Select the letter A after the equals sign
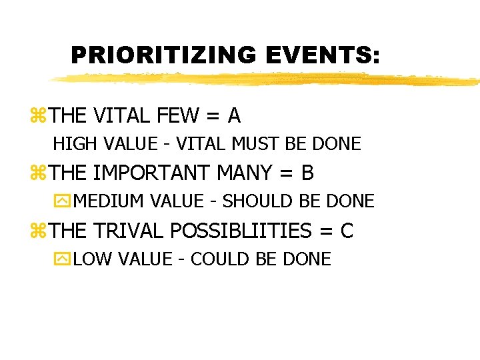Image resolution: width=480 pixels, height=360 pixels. [234, 116]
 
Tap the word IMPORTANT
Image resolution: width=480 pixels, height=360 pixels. [152, 173]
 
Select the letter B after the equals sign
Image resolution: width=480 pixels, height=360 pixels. [307, 173]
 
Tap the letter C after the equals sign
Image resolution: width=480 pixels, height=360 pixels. [347, 231]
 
